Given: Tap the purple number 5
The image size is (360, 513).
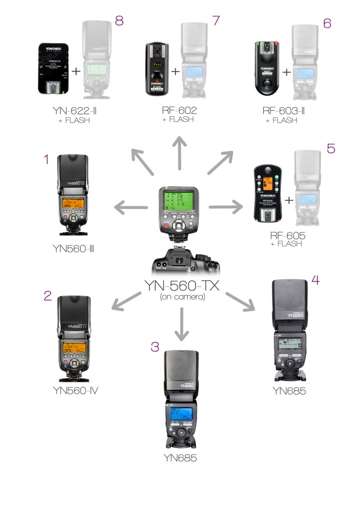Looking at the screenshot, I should click(x=331, y=149).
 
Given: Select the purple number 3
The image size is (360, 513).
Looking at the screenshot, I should click(x=155, y=347).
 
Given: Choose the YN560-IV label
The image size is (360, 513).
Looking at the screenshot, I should click(x=75, y=389).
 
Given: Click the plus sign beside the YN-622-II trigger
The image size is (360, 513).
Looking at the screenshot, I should click(x=76, y=71).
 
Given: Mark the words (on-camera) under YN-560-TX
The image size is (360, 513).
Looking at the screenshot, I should click(x=183, y=297).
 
